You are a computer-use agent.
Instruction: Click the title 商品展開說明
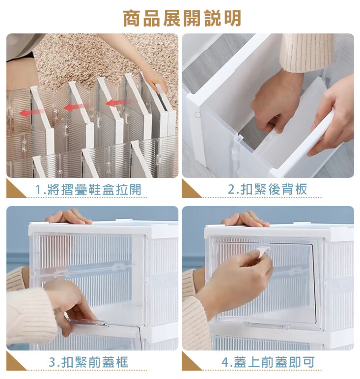pyautogui.click(x=182, y=18)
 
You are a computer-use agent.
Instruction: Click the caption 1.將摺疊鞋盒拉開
pyautogui.click(x=88, y=189)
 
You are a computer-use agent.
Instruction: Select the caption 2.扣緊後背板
pyautogui.click(x=268, y=189)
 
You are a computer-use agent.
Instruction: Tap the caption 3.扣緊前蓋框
pyautogui.click(x=88, y=362)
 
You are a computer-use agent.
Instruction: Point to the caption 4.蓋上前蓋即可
pyautogui.click(x=268, y=362)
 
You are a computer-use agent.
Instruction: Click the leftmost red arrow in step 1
pyautogui.click(x=31, y=112)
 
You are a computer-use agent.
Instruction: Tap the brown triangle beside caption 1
pyautogui.click(x=14, y=191)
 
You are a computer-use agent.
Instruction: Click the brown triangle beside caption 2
pyautogui.click(x=190, y=191)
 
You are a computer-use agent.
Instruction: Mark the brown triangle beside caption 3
pyautogui.click(x=14, y=363)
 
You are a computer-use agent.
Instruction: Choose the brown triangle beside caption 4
pyautogui.click(x=190, y=363)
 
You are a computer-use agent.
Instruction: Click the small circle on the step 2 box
pyautogui.click(x=198, y=115)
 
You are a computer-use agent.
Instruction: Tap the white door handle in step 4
pyautogui.click(x=263, y=252)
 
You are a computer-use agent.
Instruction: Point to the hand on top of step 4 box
pyautogui.click(x=245, y=219)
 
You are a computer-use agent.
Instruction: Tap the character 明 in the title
pyautogui.click(x=232, y=18)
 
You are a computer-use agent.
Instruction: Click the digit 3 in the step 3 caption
pyautogui.click(x=52, y=362)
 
